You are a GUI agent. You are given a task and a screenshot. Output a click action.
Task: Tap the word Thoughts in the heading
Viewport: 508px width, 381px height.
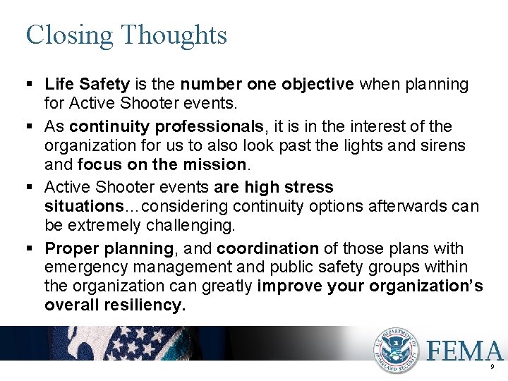(x=174, y=34)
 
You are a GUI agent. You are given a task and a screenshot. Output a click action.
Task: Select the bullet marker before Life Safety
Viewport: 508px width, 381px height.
(x=30, y=85)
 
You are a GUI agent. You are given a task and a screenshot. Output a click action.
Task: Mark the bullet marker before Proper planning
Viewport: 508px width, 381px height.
(x=30, y=248)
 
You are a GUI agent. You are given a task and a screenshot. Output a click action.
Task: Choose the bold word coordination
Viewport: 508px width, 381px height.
(x=267, y=248)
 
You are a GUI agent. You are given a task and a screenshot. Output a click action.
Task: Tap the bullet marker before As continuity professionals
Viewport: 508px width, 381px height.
(x=30, y=126)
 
